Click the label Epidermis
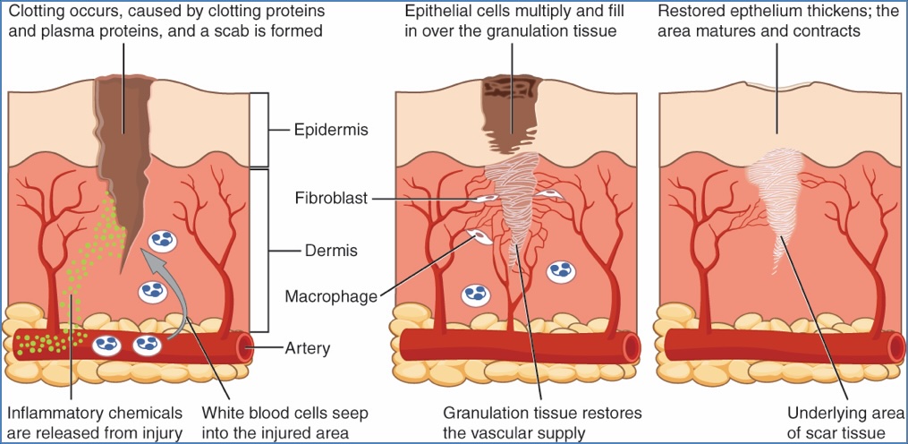pyautogui.click(x=330, y=131)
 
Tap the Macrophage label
pyautogui.click(x=332, y=295)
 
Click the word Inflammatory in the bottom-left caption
pyautogui.click(x=52, y=414)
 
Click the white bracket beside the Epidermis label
pyautogui.click(x=259, y=129)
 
